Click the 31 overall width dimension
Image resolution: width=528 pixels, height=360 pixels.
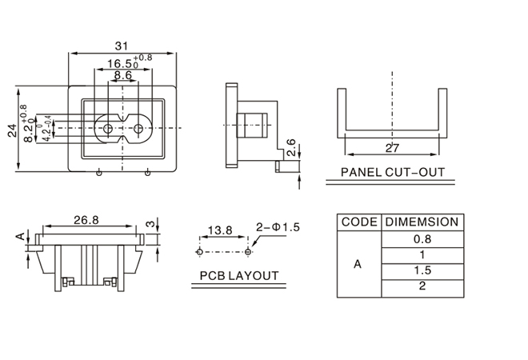click(122, 46)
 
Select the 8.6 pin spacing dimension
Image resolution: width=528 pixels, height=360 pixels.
click(122, 75)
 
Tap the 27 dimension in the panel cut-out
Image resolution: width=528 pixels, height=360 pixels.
click(392, 148)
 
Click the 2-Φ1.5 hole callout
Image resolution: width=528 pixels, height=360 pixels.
click(278, 227)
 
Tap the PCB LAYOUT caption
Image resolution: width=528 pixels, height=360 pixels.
click(239, 276)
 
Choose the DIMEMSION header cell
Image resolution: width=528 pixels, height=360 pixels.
click(422, 222)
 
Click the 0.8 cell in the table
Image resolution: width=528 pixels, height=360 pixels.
click(422, 238)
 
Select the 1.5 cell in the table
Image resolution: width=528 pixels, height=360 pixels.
click(422, 270)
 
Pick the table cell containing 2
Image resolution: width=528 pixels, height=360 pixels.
click(422, 286)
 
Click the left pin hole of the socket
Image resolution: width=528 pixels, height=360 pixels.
click(106, 128)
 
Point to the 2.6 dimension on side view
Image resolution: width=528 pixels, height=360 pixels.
click(291, 147)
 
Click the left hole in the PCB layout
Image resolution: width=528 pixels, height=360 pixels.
click(199, 251)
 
